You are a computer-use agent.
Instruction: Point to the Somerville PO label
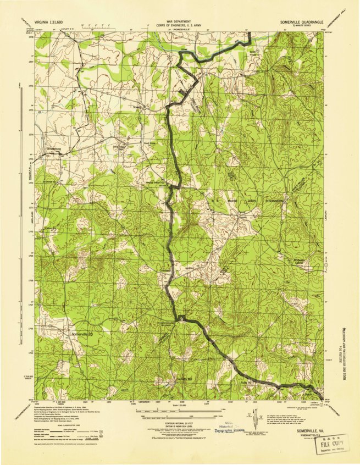(82, 334)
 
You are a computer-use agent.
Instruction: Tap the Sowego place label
(138, 107)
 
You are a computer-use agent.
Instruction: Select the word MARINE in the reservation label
(236, 201)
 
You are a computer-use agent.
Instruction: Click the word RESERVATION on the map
(273, 201)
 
